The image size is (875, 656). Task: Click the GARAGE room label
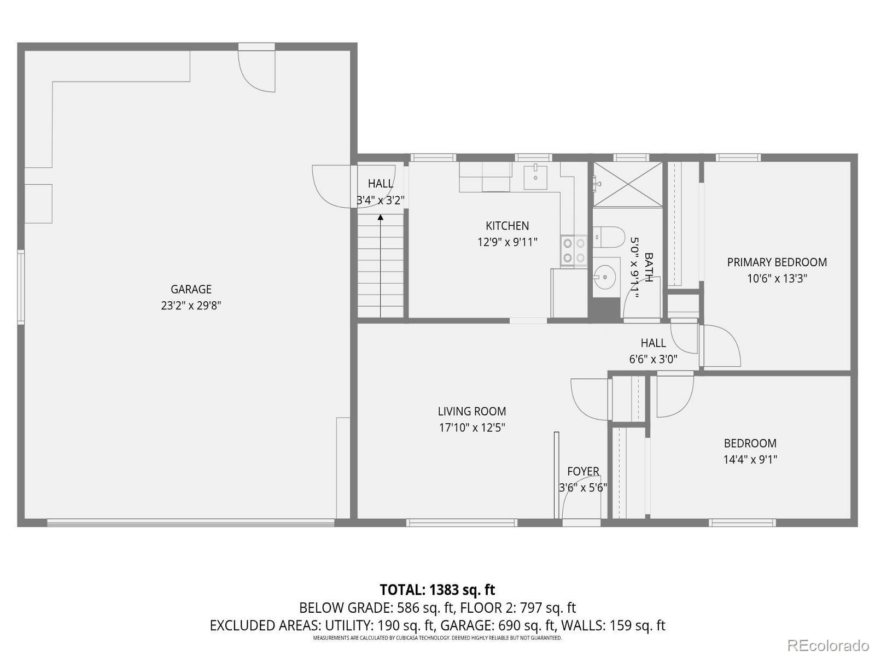coord(191,289)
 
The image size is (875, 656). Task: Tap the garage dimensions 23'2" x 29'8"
coord(191,306)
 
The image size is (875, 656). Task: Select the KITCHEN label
coord(507,226)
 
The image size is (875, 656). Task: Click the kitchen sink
coord(535,176)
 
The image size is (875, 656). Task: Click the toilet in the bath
coord(609,237)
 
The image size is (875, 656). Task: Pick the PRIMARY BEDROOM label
coord(777,262)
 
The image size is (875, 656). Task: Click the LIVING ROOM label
coord(471,412)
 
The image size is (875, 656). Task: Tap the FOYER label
coord(583,471)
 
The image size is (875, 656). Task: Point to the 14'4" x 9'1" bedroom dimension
coord(750,460)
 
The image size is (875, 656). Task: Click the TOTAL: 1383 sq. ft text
coord(437,590)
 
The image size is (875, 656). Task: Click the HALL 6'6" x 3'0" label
coord(653,351)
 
